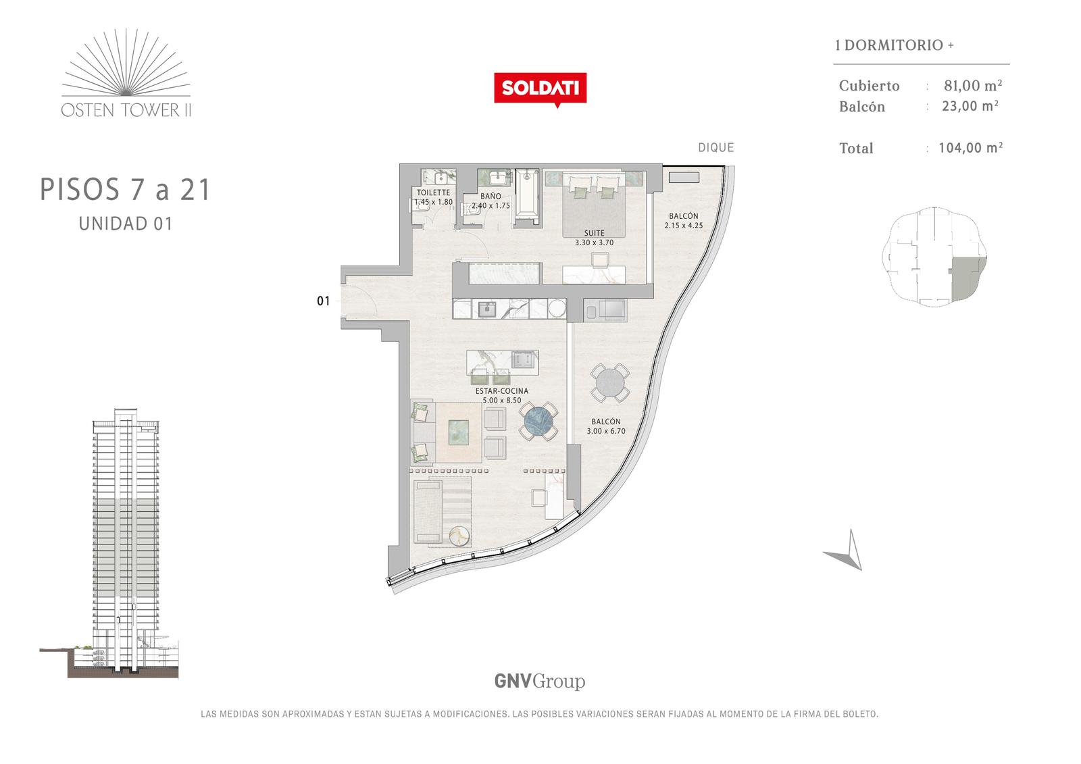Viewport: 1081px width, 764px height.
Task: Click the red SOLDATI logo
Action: pos(540,89)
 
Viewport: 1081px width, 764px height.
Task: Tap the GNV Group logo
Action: pos(540,681)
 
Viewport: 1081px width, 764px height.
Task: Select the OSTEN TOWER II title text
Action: pos(126,110)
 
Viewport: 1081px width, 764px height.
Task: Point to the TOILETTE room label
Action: pos(433,197)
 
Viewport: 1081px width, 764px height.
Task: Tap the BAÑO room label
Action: pos(491,201)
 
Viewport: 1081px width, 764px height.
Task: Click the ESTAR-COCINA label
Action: pos(502,395)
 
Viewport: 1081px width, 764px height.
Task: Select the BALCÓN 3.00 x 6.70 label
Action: pos(605,426)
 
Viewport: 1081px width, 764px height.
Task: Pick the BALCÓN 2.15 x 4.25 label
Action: pos(683,221)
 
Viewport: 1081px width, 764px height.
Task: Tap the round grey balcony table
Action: pos(610,383)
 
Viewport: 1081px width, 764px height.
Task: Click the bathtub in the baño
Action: pos(527,197)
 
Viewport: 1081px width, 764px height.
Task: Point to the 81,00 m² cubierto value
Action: pos(973,85)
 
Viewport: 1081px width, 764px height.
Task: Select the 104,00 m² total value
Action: pos(970,147)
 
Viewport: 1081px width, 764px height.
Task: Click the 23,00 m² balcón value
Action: pos(970,105)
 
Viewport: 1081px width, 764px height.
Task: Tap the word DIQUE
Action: pos(715,148)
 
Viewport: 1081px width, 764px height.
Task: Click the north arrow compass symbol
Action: pos(845,551)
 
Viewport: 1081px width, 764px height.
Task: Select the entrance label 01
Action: pos(324,301)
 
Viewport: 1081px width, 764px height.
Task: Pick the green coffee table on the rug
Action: pos(458,432)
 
